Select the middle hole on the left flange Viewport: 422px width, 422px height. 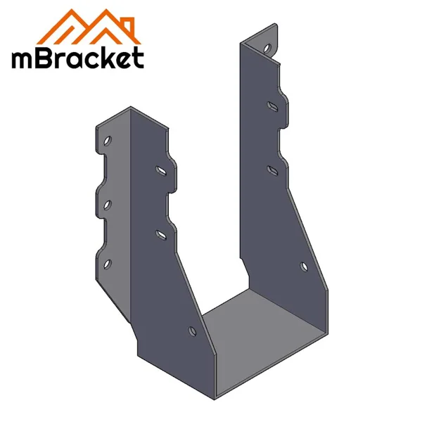107,204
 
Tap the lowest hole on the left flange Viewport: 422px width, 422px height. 107,264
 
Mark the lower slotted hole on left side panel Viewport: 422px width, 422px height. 161,231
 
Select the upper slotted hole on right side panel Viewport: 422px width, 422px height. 271,107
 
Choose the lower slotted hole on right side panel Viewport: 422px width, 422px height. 271,168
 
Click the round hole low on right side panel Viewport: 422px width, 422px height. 304,267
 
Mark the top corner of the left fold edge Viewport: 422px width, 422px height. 131,108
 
